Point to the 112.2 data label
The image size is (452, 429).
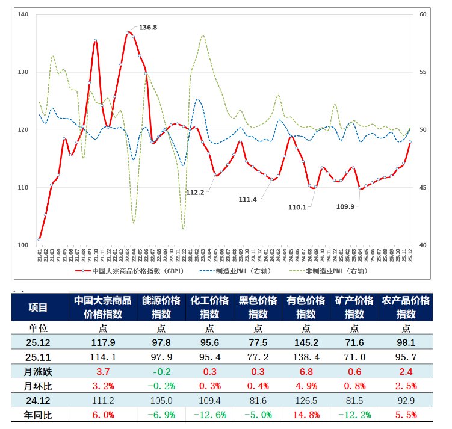pos(195,193)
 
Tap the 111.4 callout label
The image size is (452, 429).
pos(248,199)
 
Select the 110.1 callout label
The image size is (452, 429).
pos(298,207)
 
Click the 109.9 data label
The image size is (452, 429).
pos(345,207)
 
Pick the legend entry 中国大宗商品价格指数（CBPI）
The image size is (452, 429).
pos(131,271)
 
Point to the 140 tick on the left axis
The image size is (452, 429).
pos(23,14)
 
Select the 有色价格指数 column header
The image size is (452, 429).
pos(306,307)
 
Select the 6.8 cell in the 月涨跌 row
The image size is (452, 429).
pos(306,372)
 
